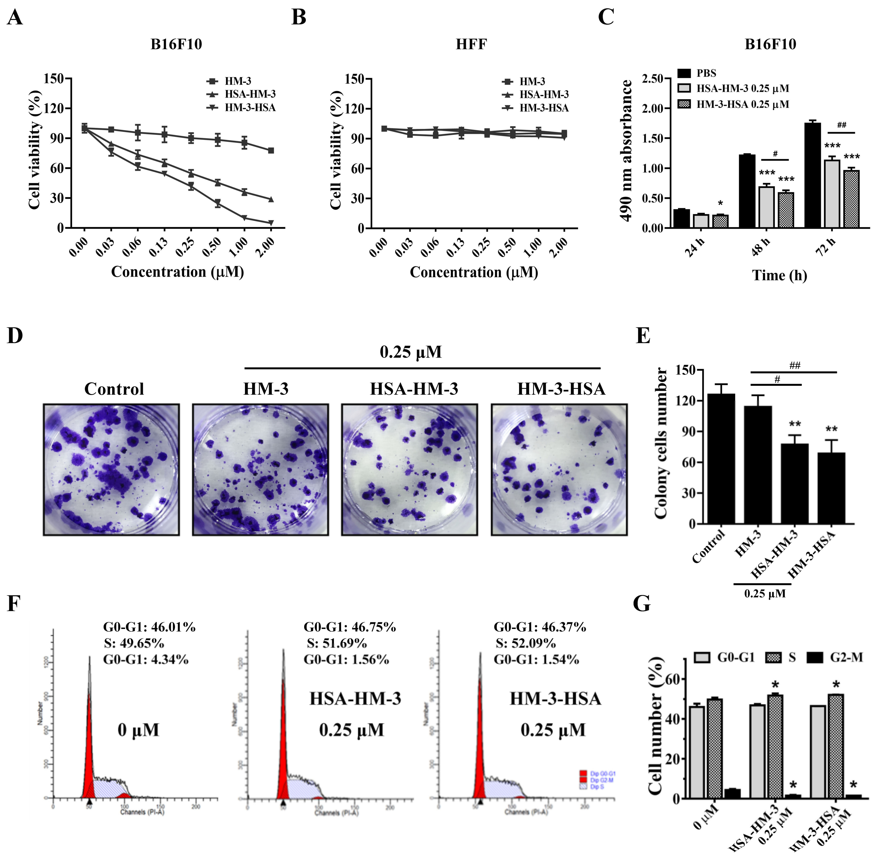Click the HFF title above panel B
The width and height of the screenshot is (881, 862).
coord(471,44)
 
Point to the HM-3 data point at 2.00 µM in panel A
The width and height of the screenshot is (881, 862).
coord(271,150)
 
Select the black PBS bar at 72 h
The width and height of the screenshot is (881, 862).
coord(812,175)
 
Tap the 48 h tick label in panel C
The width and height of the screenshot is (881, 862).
coord(760,247)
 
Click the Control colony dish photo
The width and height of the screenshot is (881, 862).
coord(111,469)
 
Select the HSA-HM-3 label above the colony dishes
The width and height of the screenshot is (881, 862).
coord(414,389)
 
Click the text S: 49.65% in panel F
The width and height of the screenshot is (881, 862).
coord(134,643)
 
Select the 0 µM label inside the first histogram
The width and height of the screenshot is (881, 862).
coord(138,730)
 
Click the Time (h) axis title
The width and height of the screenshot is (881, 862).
coord(779,275)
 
